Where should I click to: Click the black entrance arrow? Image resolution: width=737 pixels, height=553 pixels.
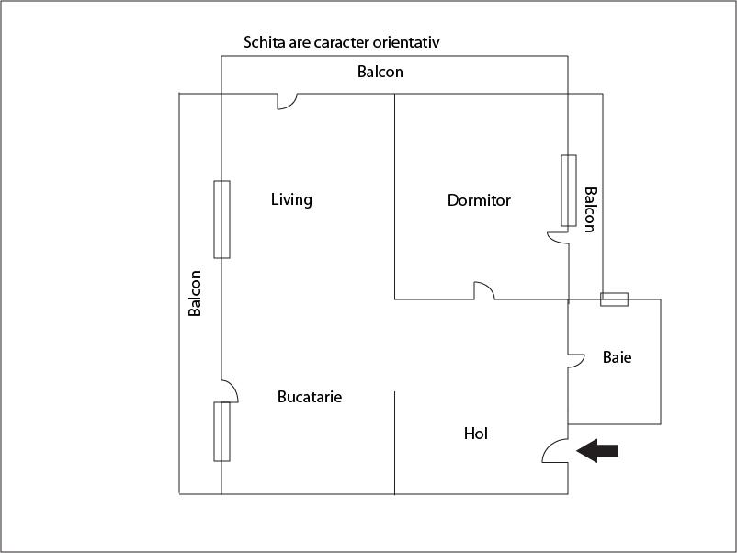click(x=597, y=450)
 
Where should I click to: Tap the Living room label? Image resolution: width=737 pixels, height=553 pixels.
click(x=291, y=199)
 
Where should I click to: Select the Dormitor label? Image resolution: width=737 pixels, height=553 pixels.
click(x=479, y=200)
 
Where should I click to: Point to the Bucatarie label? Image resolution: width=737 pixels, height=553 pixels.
click(x=310, y=398)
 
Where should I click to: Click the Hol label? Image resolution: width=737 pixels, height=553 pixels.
click(x=476, y=434)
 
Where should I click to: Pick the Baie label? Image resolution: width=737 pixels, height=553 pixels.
click(x=617, y=357)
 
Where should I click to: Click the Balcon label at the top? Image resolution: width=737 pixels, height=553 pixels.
click(x=380, y=72)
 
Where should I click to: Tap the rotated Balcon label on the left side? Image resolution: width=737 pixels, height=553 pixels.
click(x=195, y=294)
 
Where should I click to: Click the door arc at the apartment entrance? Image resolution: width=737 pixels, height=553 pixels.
click(x=555, y=450)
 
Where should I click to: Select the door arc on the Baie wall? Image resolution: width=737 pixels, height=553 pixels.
click(x=577, y=359)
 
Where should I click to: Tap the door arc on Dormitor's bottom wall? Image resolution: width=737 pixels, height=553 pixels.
click(x=484, y=290)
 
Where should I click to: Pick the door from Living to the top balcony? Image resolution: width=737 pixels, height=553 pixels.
click(x=285, y=101)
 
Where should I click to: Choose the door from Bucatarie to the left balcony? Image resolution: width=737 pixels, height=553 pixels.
click(x=230, y=391)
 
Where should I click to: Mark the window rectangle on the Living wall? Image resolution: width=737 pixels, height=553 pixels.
click(x=221, y=220)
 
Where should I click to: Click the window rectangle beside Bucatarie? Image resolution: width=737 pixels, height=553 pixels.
click(x=221, y=431)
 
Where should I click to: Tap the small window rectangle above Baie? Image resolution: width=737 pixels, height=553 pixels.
click(x=614, y=299)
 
